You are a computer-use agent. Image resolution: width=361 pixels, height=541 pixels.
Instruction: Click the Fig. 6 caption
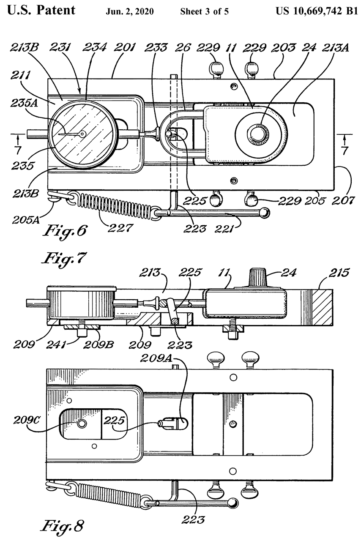click(65, 231)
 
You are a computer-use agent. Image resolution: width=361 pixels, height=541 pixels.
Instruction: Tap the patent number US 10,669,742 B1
click(317, 11)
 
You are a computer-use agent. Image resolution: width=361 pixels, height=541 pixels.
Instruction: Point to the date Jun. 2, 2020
click(130, 11)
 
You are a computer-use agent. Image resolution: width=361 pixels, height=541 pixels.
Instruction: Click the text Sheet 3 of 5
click(205, 11)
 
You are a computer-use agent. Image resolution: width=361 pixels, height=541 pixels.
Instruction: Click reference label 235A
click(24, 104)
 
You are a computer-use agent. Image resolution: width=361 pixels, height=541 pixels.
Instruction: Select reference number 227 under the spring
click(120, 227)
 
